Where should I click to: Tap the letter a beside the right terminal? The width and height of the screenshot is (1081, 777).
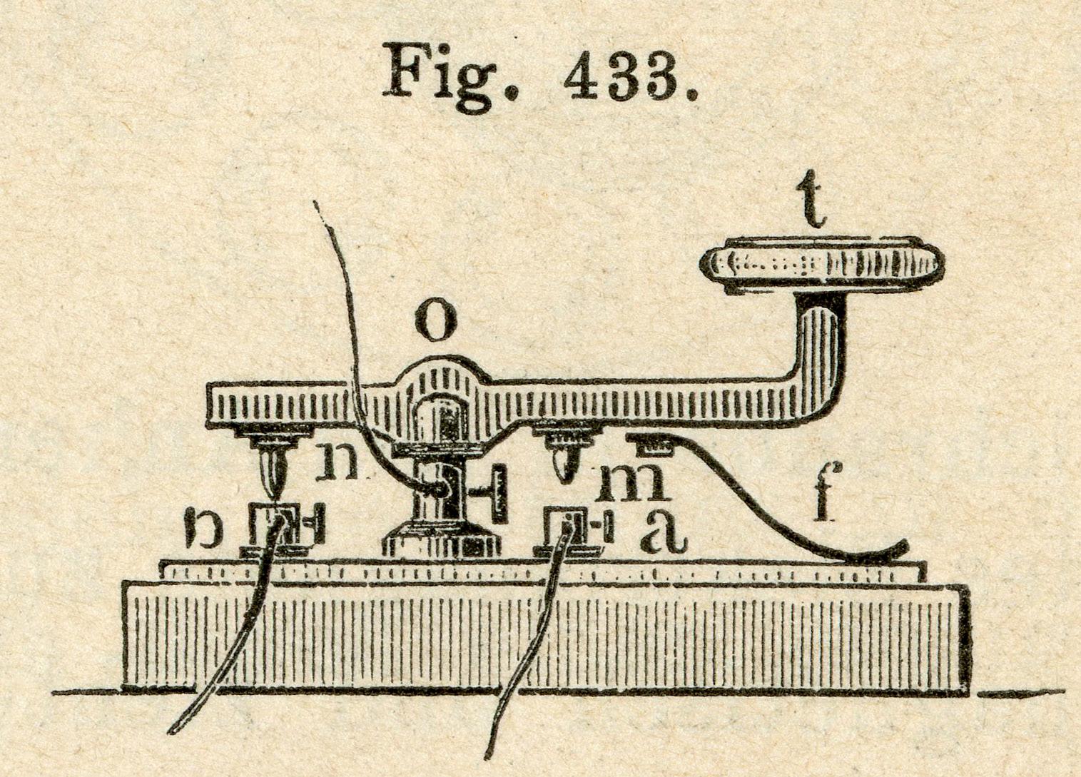664,532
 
